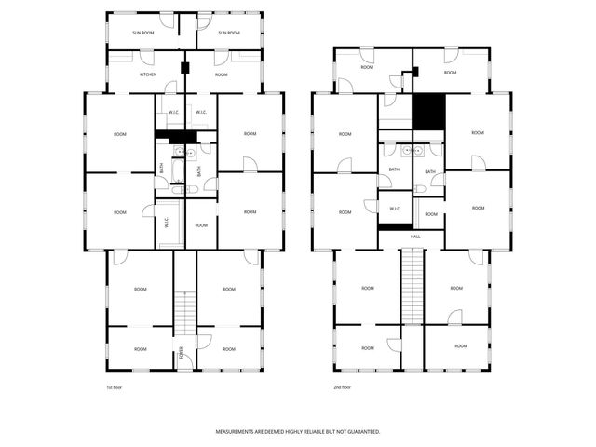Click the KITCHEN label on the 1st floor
(x=148, y=74)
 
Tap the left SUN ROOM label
(x=142, y=33)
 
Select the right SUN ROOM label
(x=229, y=33)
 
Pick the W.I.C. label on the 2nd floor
(x=395, y=208)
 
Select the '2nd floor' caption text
(x=343, y=386)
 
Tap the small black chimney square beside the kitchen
(x=185, y=68)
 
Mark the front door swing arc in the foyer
(x=203, y=341)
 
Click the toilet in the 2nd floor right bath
(x=421, y=188)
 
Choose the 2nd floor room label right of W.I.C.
(x=429, y=214)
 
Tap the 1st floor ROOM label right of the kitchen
(x=221, y=74)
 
